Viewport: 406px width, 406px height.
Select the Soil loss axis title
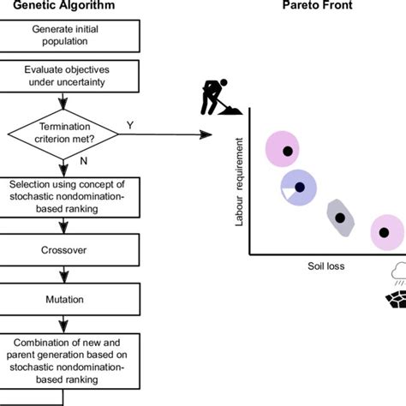point(326,266)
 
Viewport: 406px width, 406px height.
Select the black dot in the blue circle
point(299,187)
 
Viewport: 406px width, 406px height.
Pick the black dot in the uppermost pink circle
point(288,152)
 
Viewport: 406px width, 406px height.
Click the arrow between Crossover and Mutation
point(59,277)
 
